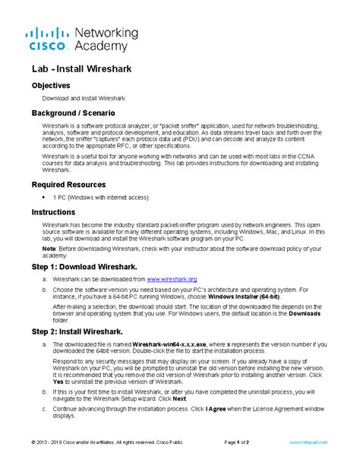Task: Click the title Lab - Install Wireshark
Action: (81, 69)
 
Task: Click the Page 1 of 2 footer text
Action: (242, 442)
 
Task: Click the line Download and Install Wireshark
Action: (84, 98)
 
